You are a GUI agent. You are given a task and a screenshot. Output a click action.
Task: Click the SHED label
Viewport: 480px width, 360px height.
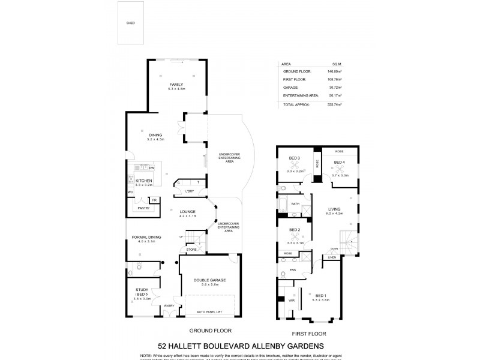pyautogui.click(x=130, y=23)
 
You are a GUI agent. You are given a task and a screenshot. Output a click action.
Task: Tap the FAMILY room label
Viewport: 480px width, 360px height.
pyautogui.click(x=176, y=85)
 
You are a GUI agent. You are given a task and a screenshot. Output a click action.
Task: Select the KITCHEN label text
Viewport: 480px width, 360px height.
pyautogui.click(x=143, y=181)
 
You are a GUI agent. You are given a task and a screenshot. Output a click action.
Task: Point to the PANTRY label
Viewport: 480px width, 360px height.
pyautogui.click(x=143, y=208)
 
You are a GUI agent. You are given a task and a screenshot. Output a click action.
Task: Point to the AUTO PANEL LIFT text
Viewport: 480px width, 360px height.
pyautogui.click(x=209, y=312)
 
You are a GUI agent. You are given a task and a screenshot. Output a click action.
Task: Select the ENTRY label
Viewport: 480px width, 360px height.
pyautogui.click(x=170, y=307)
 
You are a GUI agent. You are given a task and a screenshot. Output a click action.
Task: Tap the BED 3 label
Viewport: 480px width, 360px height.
pyautogui.click(x=294, y=158)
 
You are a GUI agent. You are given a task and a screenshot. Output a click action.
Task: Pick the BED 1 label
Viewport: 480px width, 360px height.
pyautogui.click(x=321, y=295)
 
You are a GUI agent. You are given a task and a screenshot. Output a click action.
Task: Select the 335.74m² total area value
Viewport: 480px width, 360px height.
pyautogui.click(x=334, y=104)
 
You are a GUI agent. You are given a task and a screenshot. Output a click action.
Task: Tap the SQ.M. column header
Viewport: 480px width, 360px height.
pyautogui.click(x=337, y=62)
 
